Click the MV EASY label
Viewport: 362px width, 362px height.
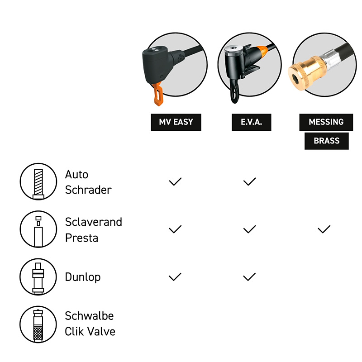(176, 122)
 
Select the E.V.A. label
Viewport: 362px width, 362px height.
(252, 122)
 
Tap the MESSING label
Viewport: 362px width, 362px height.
(326, 122)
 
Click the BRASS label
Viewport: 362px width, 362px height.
(326, 141)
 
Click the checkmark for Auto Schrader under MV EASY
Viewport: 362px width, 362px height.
(175, 181)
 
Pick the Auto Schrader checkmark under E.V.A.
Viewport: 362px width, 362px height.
(250, 181)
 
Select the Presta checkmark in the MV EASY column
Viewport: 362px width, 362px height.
(175, 229)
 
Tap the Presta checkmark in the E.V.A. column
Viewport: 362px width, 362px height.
(250, 229)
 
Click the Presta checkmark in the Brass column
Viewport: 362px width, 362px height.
(324, 229)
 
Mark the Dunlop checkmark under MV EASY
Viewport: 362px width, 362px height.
(175, 276)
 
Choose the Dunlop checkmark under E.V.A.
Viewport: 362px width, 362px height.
(250, 276)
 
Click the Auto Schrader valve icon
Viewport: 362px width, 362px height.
(38, 181)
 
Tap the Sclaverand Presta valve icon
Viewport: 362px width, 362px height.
(38, 229)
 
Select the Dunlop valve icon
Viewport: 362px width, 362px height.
(38, 277)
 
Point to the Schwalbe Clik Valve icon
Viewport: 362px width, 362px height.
(38, 324)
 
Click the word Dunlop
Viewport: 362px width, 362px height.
(83, 277)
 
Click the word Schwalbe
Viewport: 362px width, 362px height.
(89, 315)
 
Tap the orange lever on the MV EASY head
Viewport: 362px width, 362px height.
(158, 95)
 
